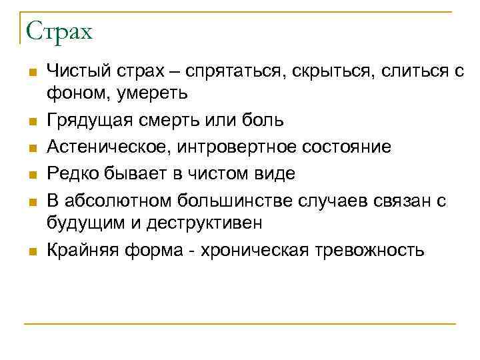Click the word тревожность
tap(373, 250)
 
